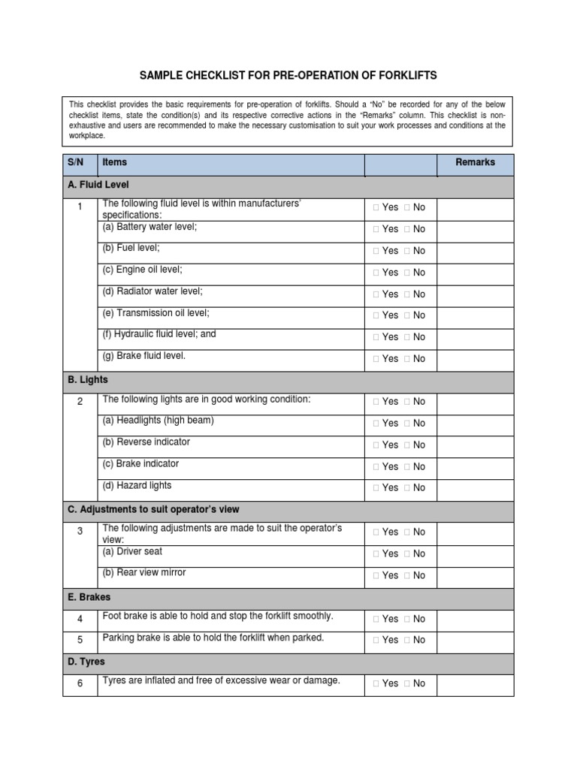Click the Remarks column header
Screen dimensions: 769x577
(475, 162)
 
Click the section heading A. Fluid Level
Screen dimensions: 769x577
(98, 184)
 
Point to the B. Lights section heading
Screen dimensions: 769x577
(88, 380)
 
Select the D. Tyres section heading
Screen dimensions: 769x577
(86, 662)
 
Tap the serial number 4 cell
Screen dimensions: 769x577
(80, 620)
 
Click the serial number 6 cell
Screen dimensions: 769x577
(80, 683)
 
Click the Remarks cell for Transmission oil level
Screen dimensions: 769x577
(475, 315)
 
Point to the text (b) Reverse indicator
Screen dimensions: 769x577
(146, 442)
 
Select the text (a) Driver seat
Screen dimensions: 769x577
(132, 551)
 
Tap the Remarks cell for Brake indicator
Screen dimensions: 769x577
(475, 466)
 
